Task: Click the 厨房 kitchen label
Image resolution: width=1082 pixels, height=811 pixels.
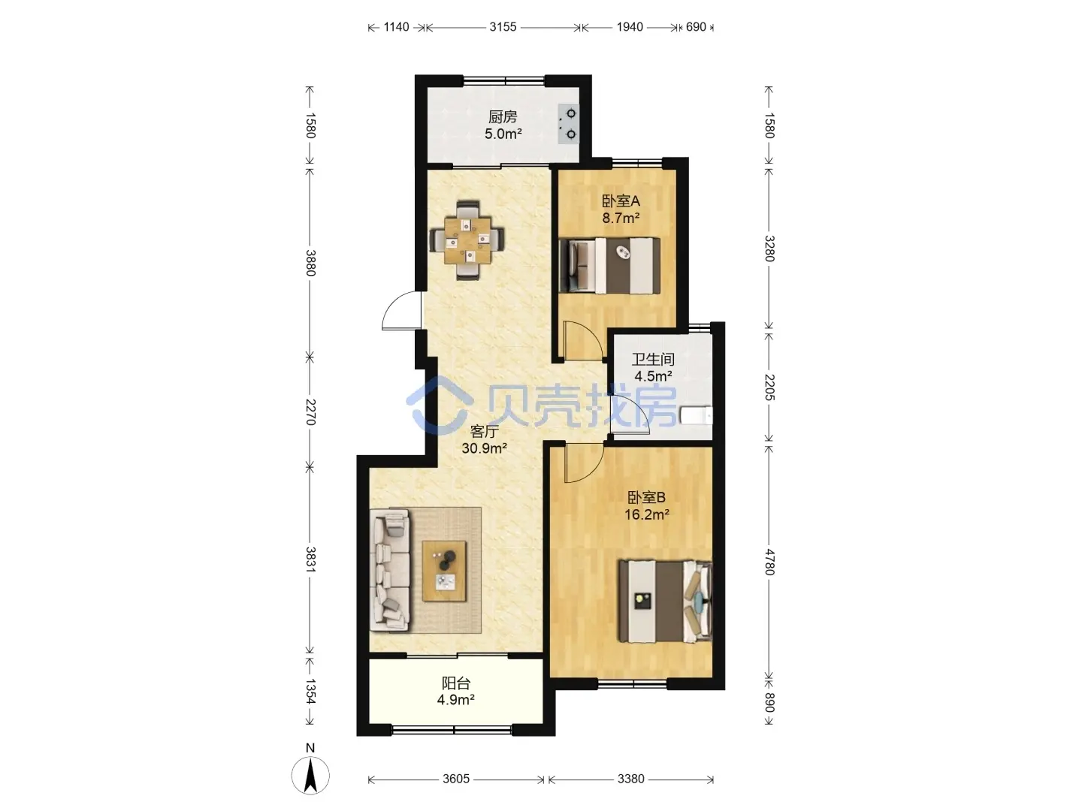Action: pos(503,116)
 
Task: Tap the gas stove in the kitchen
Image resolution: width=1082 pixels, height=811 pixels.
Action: pos(568,124)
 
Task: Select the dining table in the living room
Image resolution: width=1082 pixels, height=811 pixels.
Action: pos(467,240)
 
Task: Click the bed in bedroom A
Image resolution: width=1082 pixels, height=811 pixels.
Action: pos(609,266)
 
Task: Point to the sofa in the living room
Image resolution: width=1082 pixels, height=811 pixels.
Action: pos(390,570)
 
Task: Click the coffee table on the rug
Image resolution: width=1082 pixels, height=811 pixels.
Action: pos(444,571)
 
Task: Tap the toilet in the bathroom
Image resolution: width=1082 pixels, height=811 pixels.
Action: pos(696,415)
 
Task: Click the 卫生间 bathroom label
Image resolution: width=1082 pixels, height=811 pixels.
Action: pos(653,359)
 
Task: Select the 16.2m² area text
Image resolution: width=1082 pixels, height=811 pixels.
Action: pos(646,514)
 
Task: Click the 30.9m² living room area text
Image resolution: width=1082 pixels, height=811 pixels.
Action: pos(484,448)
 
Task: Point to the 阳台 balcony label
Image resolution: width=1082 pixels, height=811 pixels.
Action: pos(455,683)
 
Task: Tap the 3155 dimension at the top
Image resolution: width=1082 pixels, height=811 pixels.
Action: pos(503,26)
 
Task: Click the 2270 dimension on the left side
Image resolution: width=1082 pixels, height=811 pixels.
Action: pos(310,412)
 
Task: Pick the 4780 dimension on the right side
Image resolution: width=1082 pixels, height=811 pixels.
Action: pos(769,562)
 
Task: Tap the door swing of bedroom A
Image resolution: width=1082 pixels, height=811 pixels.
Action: pos(584,339)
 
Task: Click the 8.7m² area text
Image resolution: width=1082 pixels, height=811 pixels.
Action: pos(621,218)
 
